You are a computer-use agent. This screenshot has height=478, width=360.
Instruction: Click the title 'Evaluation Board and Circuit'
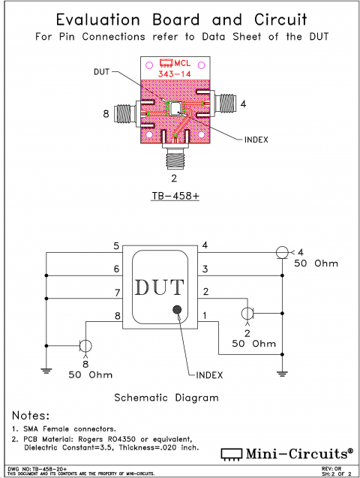click(179, 19)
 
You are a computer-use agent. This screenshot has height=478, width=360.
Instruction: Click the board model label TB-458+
click(174, 197)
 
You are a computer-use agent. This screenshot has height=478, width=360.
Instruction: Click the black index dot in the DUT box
click(178, 310)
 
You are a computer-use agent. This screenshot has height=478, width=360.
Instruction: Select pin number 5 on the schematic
click(116, 246)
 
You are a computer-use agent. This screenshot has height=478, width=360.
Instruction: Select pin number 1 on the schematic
click(205, 317)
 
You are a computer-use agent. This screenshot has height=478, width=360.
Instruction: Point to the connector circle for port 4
click(282, 252)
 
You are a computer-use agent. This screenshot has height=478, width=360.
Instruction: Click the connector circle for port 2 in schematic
click(248, 312)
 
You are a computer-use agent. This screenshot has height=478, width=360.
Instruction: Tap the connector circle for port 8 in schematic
click(85, 346)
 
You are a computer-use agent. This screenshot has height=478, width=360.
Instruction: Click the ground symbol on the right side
click(282, 373)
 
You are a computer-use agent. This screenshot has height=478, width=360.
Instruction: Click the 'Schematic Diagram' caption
click(166, 397)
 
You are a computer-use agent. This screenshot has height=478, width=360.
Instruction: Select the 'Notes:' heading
click(31, 416)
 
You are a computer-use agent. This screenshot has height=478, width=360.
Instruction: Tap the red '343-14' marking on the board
click(174, 75)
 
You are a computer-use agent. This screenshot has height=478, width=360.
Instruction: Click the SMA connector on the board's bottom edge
click(174, 157)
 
